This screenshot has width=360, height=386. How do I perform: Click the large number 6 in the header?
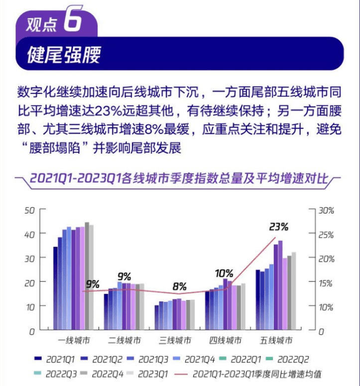click(72, 21)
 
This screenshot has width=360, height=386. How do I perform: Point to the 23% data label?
click(279, 227)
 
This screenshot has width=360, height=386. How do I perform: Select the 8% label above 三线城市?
click(179, 287)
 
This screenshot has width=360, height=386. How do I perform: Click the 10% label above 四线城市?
click(224, 273)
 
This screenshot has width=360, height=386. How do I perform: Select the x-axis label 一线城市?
click(74, 341)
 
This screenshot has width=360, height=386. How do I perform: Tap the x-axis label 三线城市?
click(175, 341)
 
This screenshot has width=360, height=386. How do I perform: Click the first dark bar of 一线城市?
click(56, 289)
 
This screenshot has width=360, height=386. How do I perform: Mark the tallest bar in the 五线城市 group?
click(280, 286)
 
